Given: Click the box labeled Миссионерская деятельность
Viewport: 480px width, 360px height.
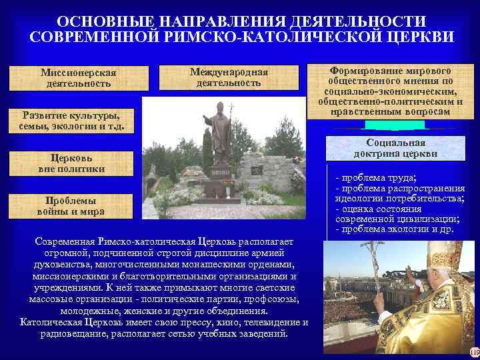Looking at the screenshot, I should point(78,78).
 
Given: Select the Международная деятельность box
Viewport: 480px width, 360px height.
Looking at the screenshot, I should point(229,77).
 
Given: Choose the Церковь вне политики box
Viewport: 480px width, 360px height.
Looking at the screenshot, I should point(71,164).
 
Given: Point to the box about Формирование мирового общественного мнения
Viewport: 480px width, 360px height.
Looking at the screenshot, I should point(393,91).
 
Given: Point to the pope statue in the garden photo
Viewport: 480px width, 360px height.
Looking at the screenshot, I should point(219,133).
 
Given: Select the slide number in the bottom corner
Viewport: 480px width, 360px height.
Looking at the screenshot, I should point(474,352).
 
